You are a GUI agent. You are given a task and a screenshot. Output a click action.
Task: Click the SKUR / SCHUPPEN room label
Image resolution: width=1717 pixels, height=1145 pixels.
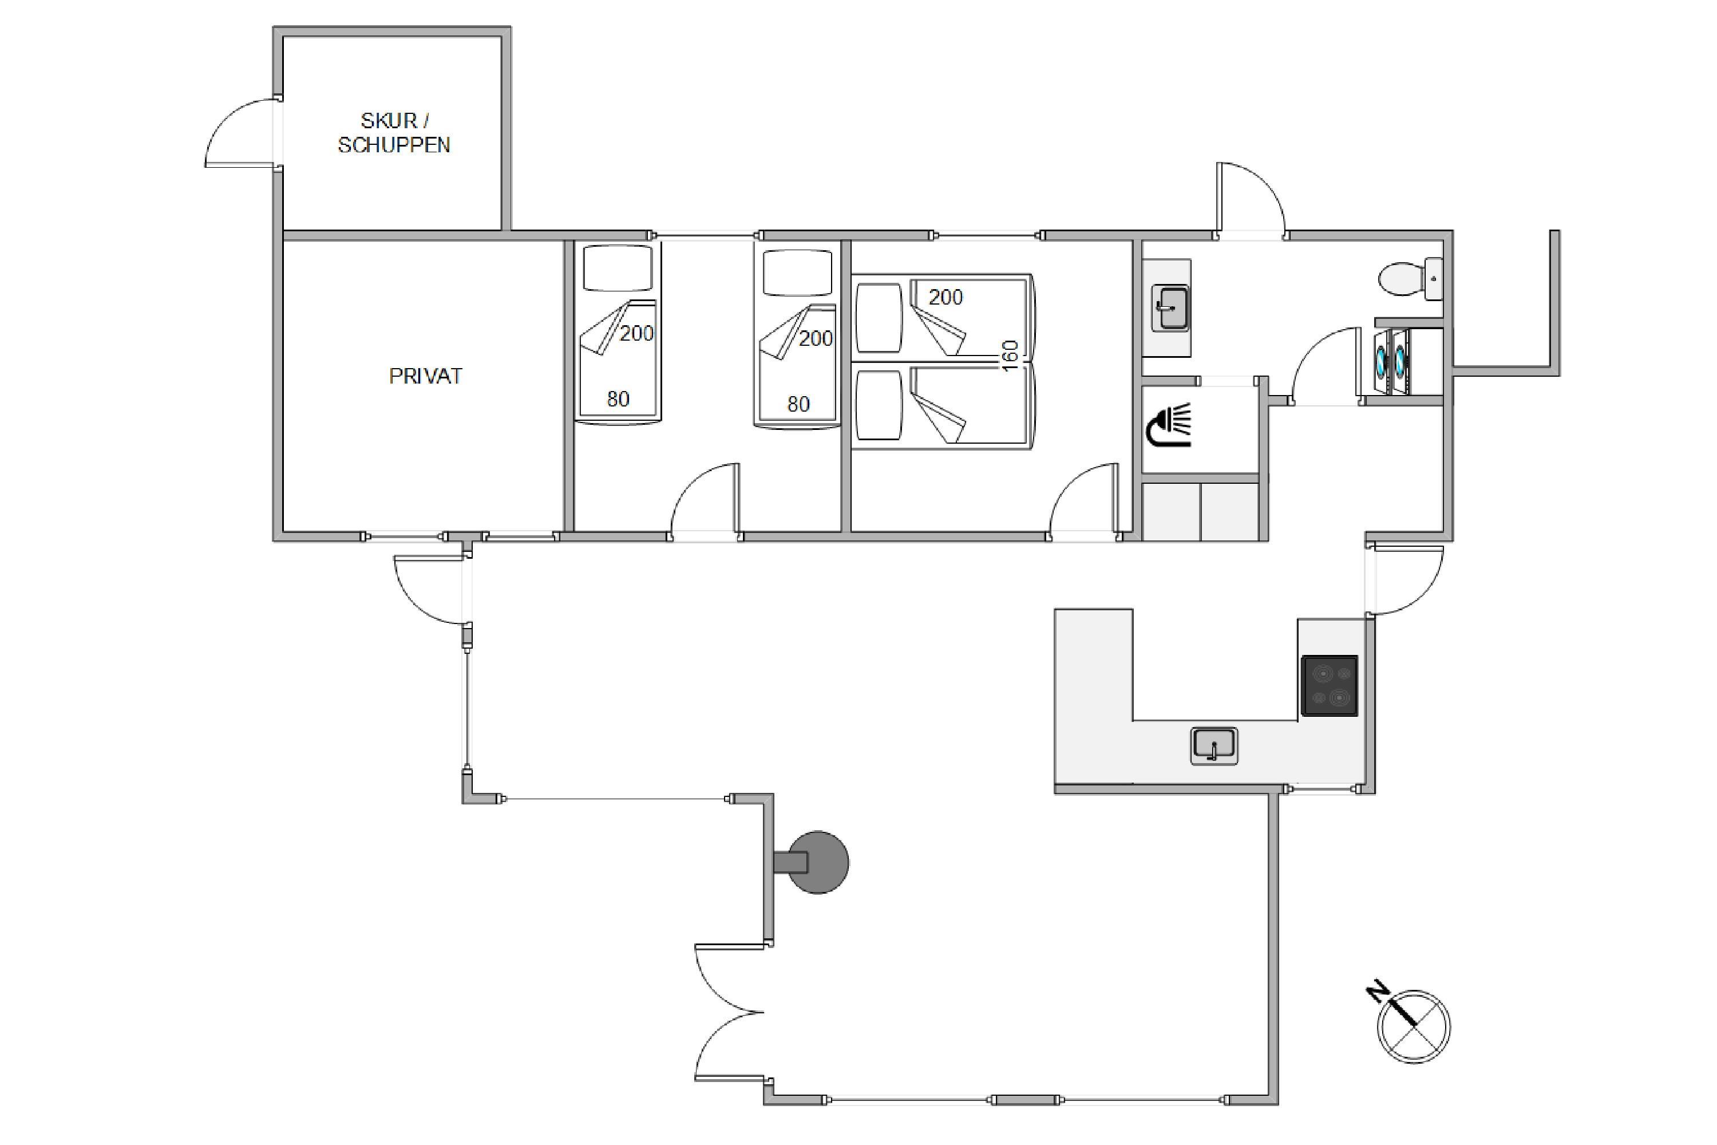point(394,133)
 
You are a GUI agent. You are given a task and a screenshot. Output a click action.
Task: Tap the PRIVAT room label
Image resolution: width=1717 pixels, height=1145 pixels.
point(426,376)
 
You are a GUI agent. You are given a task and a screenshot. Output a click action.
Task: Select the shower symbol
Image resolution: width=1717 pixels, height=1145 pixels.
point(1169,424)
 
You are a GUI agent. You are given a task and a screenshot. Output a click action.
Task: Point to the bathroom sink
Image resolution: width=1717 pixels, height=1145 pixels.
point(1170,308)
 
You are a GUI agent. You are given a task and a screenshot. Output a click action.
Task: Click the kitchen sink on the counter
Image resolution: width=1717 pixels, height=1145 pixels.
point(1214,745)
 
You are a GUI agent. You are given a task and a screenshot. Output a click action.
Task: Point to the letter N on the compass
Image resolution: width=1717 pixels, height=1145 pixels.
point(1378,992)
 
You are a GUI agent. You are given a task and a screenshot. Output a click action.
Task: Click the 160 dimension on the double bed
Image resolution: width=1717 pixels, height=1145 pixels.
point(1010,356)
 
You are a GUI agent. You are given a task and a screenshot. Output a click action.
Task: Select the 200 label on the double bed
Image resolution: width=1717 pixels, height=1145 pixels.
point(945,297)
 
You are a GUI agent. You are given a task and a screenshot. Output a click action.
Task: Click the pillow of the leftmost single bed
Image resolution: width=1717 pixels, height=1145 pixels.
point(618,268)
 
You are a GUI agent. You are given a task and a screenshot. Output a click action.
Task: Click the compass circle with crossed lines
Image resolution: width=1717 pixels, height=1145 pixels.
point(1413,1026)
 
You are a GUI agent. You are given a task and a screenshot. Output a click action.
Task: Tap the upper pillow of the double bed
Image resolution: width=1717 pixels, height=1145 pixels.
point(879,318)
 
